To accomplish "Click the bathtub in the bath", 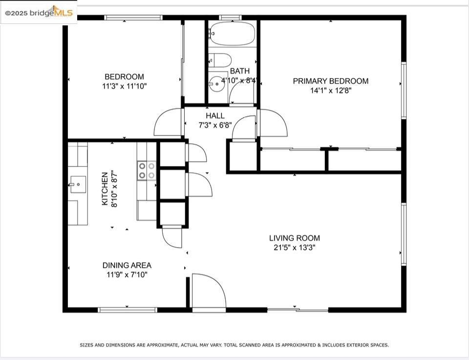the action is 232,33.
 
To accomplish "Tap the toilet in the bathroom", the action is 220,61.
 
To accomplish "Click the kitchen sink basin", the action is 78,185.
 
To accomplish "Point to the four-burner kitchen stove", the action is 147,170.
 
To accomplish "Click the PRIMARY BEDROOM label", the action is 331,81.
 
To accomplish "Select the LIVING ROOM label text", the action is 295,238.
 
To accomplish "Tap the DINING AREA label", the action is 127,265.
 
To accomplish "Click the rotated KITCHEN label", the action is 105,189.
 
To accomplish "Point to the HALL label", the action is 215,116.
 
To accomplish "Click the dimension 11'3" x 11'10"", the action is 125,86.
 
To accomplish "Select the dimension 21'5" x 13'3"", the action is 295,248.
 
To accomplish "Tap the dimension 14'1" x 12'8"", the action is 331,90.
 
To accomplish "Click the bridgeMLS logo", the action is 39,12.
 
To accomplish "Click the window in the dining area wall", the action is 128,310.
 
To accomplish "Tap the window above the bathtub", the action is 230,18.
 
